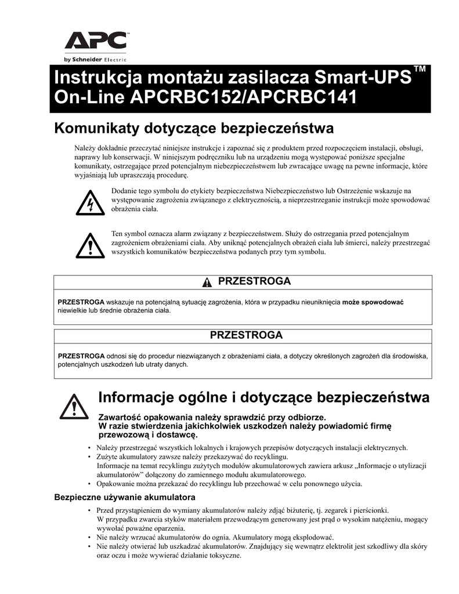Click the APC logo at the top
click(95, 41)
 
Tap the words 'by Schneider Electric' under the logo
click(95, 59)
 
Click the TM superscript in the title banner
click(420, 70)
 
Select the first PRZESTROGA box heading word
click(254, 281)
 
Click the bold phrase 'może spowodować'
click(373, 302)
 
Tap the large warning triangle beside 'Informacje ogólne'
click(74, 406)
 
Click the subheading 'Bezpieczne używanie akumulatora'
click(124, 497)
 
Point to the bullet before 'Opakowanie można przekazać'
click(89, 484)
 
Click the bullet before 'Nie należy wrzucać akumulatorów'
click(89, 537)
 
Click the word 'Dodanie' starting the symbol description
click(124, 190)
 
